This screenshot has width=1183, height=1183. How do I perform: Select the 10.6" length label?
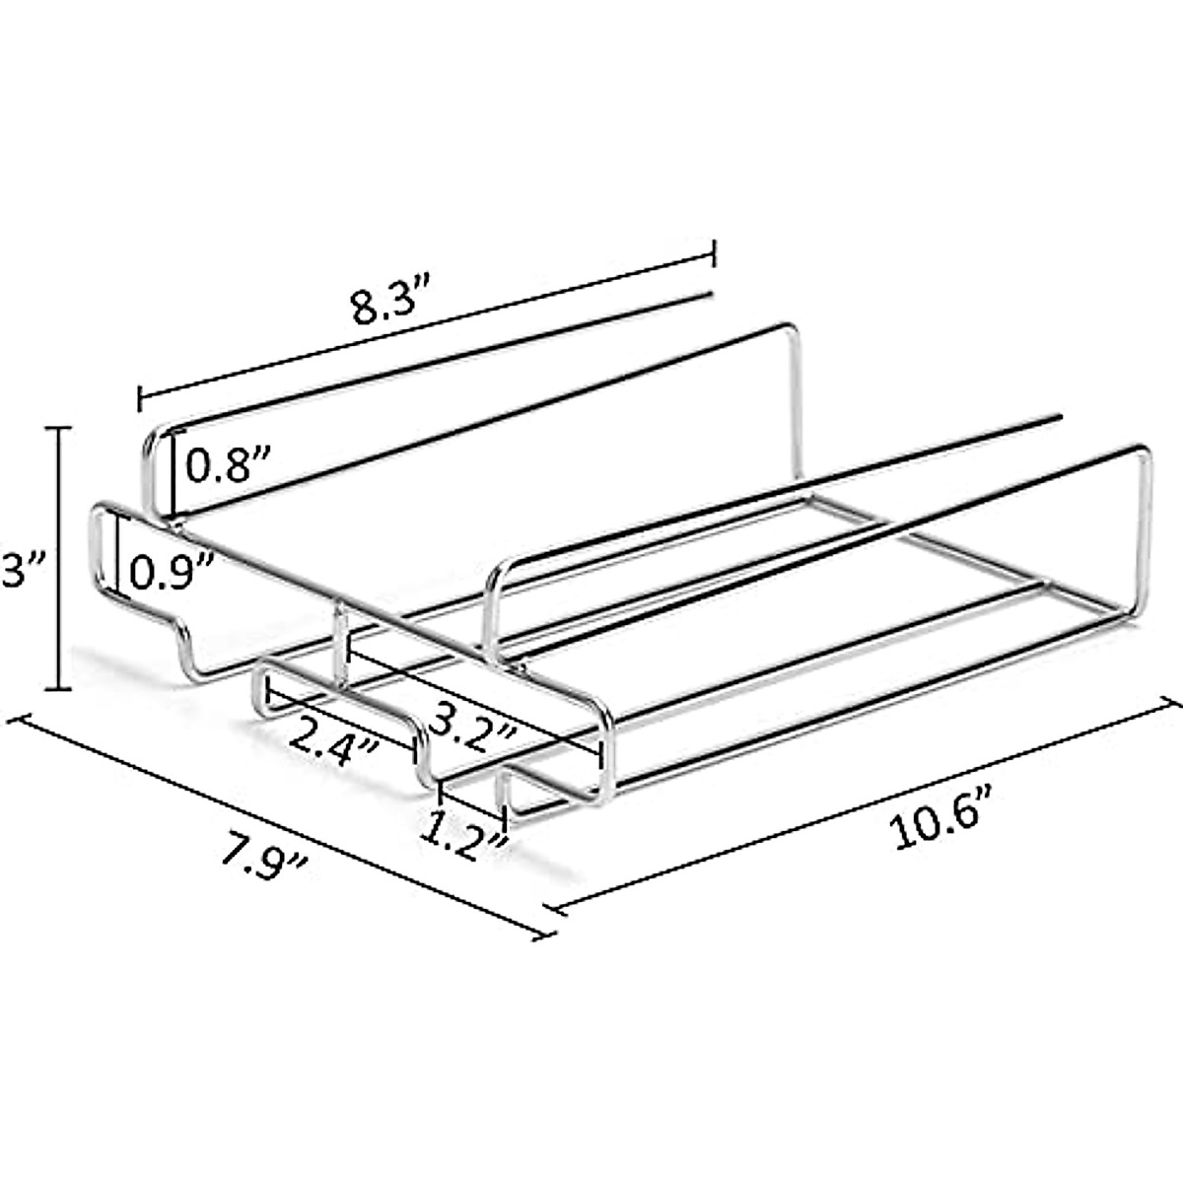[x=944, y=820]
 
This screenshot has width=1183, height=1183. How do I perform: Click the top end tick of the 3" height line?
[x=59, y=428]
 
